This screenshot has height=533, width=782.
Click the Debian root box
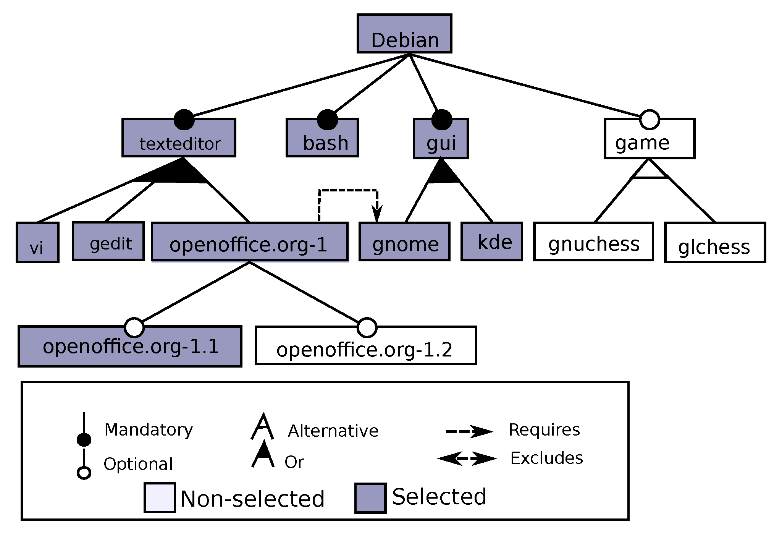(x=404, y=34)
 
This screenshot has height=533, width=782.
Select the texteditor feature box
(x=179, y=138)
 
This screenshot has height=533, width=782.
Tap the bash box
(x=322, y=138)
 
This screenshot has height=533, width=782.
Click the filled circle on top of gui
(x=441, y=120)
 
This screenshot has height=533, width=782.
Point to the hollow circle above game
(x=649, y=120)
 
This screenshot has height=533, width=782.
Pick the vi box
(x=37, y=243)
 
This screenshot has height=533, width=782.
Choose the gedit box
(x=108, y=241)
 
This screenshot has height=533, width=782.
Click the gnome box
(x=404, y=242)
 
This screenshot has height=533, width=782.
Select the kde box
(x=491, y=241)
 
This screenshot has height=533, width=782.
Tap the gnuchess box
(x=593, y=241)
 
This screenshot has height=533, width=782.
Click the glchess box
(x=715, y=243)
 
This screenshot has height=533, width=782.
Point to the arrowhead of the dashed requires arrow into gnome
(x=377, y=215)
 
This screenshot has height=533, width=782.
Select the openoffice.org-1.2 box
(x=365, y=346)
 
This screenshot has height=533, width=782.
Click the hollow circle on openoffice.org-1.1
(x=134, y=328)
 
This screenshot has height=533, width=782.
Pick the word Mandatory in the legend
(x=149, y=430)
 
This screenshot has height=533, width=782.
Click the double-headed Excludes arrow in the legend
(x=467, y=458)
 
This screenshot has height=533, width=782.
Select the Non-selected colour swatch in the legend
(x=160, y=497)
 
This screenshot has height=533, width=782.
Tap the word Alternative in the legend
(x=333, y=431)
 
